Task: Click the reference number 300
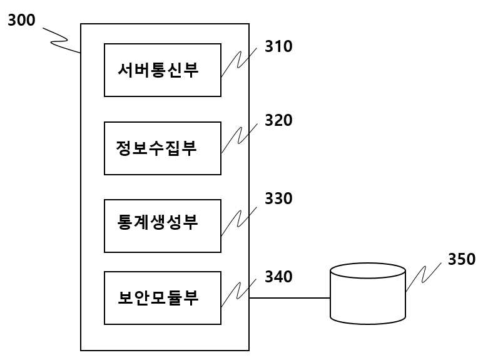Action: click(21, 20)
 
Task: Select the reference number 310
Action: click(278, 46)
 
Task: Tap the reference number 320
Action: click(278, 120)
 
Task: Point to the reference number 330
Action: click(278, 198)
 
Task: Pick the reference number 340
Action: click(278, 277)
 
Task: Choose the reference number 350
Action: click(462, 259)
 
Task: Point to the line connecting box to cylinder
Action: click(290, 298)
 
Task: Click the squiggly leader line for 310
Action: click(238, 62)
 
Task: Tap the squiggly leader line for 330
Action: click(238, 222)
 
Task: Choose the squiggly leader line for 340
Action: click(238, 293)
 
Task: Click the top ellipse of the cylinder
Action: click(367, 263)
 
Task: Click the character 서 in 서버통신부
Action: click(126, 69)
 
